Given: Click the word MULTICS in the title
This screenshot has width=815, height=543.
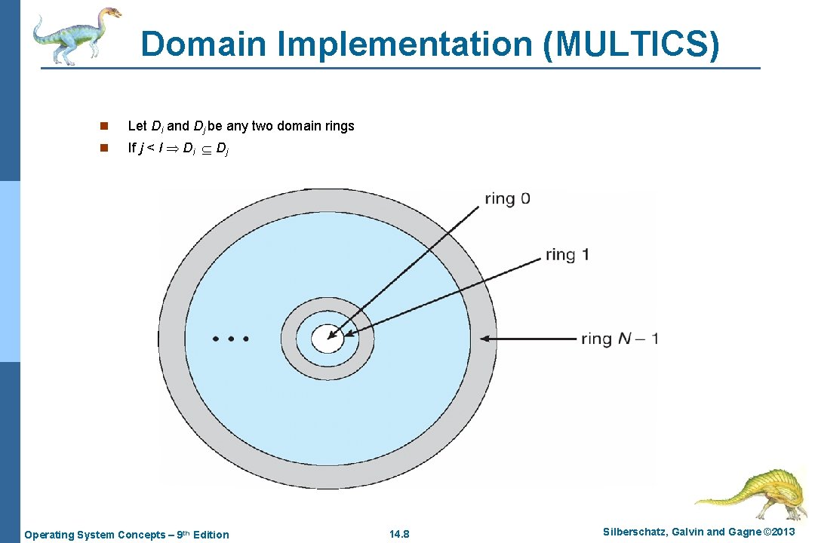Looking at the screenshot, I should pos(631,44).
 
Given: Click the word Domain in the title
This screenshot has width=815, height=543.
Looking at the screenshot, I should pos(203,44).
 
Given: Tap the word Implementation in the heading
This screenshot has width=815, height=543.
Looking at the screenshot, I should pos(404,44).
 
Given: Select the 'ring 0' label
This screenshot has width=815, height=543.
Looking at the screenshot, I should pos(507,199).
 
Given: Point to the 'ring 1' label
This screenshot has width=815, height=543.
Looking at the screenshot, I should pos(567,255).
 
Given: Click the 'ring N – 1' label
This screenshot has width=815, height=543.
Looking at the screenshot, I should pos(620,339).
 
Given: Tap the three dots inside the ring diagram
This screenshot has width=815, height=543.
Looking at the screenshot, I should pos(231,339).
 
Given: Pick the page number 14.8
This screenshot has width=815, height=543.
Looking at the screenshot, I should pos(398,535).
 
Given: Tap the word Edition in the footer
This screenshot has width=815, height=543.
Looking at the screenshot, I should pos(211,535).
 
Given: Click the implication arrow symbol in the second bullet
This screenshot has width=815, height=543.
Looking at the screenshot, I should pos(171,149).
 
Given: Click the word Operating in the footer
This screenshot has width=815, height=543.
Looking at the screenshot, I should pos(50,535).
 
